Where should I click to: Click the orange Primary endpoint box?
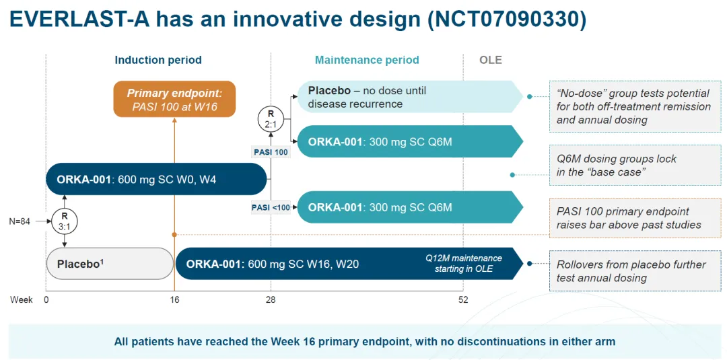pyautogui.click(x=174, y=99)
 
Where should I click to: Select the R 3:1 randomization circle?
pyautogui.click(x=65, y=221)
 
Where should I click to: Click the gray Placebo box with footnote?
pyautogui.click(x=110, y=264)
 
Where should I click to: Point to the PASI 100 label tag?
pyautogui.click(x=271, y=152)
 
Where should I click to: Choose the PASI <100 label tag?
pyautogui.click(x=271, y=207)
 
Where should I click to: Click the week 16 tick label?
pyautogui.click(x=174, y=299)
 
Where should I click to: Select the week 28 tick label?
pyautogui.click(x=271, y=299)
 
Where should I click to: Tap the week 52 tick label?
pyautogui.click(x=462, y=299)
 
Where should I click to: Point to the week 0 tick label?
pyautogui.click(x=46, y=299)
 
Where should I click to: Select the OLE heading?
pyautogui.click(x=490, y=60)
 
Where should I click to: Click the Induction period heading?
pyautogui.click(x=158, y=60)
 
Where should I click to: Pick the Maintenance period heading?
pyautogui.click(x=367, y=60)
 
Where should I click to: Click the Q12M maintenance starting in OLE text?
pyautogui.click(x=463, y=264)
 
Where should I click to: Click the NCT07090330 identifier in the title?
pyautogui.click(x=506, y=20)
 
